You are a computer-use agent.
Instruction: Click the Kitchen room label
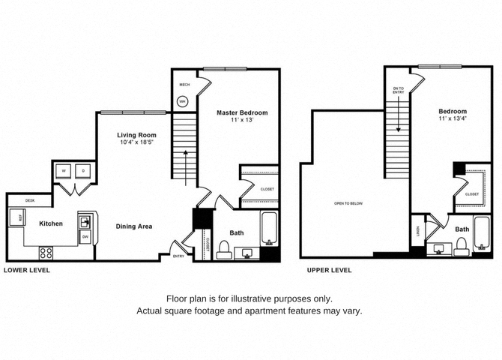point(51,223)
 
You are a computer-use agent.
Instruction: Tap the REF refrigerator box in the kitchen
point(13,218)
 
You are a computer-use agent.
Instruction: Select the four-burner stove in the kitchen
point(45,253)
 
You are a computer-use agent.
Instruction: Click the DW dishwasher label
point(85,237)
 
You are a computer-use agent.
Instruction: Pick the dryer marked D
point(83,171)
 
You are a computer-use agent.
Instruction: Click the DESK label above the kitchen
point(30,200)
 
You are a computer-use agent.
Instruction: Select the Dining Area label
point(135,225)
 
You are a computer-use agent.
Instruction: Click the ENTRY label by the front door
point(178,256)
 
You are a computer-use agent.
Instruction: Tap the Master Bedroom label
point(242,112)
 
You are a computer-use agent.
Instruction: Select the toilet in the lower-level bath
point(223,250)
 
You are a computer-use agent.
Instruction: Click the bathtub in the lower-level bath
point(270,229)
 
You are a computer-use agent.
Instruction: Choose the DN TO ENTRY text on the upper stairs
point(398,91)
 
